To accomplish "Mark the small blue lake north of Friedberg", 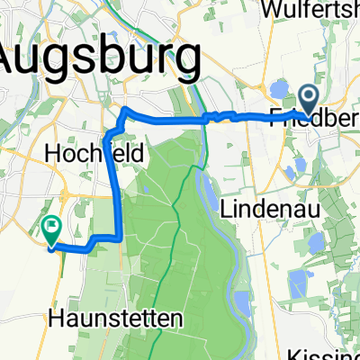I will [x=279, y=89].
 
